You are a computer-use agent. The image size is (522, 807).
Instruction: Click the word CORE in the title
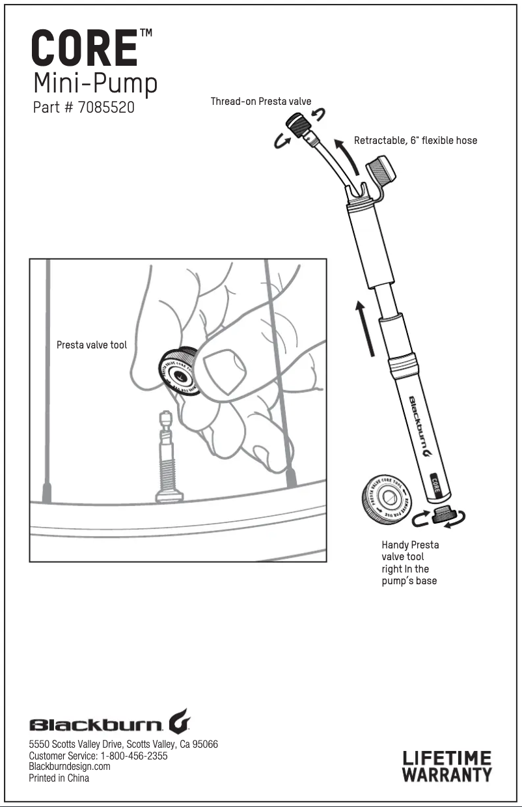pyautogui.click(x=85, y=48)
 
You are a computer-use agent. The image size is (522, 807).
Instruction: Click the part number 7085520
pyautogui.click(x=106, y=107)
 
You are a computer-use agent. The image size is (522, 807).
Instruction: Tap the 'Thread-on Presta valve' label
pyautogui.click(x=261, y=102)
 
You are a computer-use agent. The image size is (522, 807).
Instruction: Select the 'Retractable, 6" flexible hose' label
pyautogui.click(x=415, y=140)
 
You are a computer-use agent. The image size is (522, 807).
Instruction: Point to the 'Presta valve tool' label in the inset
pyautogui.click(x=92, y=345)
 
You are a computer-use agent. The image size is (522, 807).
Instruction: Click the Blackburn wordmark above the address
pyautogui.click(x=109, y=724)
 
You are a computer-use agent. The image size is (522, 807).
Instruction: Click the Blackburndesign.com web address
pyautogui.click(x=70, y=767)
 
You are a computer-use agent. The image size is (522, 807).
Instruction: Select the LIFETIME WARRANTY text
pyautogui.click(x=446, y=766)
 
